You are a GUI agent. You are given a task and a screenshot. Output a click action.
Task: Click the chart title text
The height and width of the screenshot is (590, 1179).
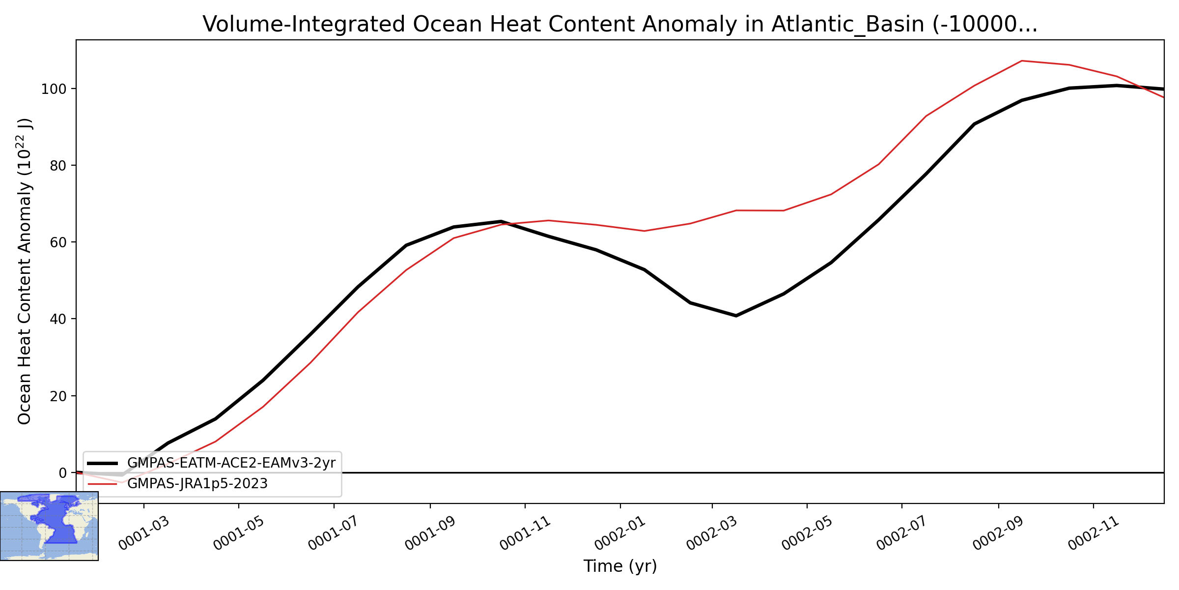(x=620, y=24)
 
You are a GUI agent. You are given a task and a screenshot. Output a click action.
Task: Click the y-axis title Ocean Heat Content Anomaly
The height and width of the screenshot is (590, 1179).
(x=25, y=271)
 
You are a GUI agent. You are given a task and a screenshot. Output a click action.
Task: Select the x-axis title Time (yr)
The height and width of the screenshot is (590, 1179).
(x=620, y=566)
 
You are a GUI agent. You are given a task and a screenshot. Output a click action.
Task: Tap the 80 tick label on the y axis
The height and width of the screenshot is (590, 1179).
(x=58, y=166)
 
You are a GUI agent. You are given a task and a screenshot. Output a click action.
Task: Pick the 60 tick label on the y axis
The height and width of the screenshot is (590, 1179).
(x=58, y=242)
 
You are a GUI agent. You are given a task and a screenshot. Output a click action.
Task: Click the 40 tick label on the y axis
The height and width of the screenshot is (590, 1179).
(x=58, y=319)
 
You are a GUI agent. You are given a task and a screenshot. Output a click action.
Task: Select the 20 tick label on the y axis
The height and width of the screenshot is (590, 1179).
(x=58, y=396)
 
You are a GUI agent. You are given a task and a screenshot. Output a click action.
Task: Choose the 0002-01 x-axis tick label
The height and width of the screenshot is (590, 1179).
(x=621, y=533)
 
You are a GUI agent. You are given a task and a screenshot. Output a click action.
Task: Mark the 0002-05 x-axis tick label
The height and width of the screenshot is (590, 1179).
(x=808, y=533)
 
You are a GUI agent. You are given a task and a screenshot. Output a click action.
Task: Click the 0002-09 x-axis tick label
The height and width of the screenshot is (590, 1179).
(x=999, y=533)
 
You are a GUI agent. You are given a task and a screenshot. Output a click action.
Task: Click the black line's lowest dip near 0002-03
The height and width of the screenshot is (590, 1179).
(x=736, y=316)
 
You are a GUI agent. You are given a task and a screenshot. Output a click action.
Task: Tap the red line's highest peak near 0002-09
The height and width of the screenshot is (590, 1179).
(x=1022, y=61)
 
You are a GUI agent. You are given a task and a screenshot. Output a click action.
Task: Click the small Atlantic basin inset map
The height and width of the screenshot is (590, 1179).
(x=49, y=526)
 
